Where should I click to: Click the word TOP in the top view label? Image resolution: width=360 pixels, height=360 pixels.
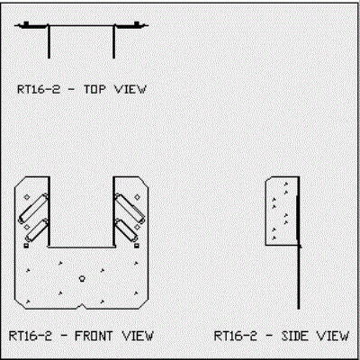click(x=94, y=89)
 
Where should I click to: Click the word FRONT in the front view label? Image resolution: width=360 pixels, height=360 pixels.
click(x=94, y=336)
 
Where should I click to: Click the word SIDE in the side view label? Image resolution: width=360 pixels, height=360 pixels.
click(x=295, y=336)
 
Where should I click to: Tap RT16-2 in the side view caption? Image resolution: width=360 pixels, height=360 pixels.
click(x=236, y=336)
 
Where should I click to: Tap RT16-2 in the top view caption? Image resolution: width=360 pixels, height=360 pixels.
click(x=39, y=89)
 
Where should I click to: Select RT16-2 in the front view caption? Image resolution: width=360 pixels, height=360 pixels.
click(x=31, y=336)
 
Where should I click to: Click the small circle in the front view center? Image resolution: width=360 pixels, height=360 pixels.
click(x=82, y=278)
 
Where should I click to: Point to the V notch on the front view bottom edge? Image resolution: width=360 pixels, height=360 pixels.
click(x=81, y=306)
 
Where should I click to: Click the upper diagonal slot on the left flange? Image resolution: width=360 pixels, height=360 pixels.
click(x=33, y=208)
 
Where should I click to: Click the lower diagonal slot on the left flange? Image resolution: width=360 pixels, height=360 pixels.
click(x=37, y=230)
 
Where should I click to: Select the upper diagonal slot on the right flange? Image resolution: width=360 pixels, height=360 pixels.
click(x=130, y=208)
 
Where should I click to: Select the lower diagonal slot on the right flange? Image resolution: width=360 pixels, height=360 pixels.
click(x=126, y=230)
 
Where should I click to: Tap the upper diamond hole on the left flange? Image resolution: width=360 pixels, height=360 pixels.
click(x=27, y=197)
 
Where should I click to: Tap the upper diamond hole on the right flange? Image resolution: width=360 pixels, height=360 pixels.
click(x=137, y=197)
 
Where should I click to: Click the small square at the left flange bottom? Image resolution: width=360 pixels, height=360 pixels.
click(x=26, y=246)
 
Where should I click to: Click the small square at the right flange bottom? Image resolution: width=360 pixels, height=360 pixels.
click(x=137, y=246)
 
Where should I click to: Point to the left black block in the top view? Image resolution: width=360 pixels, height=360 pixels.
click(x=26, y=23)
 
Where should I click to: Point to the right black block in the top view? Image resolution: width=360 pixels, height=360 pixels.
click(x=137, y=23)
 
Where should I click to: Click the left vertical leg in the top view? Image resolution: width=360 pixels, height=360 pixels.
click(x=49, y=41)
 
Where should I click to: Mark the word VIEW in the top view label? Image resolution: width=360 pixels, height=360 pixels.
click(x=130, y=89)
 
